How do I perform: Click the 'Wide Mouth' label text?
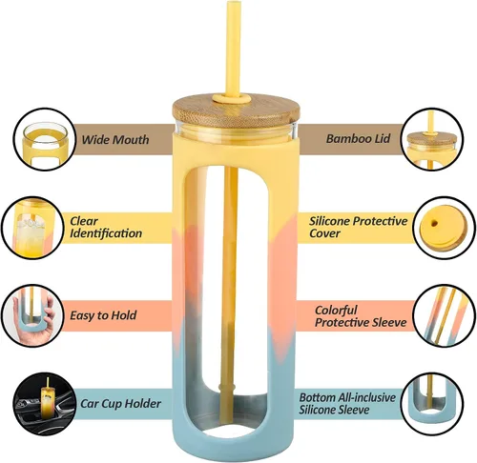coord(115,140)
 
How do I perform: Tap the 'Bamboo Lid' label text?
coord(358,139)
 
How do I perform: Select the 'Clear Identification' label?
coord(106,228)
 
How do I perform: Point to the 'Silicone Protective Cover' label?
coord(358,227)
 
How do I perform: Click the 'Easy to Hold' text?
coord(103,315)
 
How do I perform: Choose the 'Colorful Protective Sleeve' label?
coord(361,316)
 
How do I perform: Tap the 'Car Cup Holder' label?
coord(120,404)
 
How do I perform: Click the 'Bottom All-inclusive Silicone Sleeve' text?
coord(347,404)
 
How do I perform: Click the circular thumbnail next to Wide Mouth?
coord(45,139)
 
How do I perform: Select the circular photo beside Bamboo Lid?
coord(432,139)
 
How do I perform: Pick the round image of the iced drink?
coord(32,228)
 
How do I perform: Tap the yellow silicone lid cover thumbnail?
coord(445,228)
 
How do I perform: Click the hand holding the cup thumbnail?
coord(32,315)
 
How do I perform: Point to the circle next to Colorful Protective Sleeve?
coord(445,315)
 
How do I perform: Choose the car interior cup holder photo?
coord(45,404)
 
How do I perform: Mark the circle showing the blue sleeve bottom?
coord(432,404)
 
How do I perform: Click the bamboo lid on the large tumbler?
coord(236,111)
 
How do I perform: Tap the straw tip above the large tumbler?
coord(233,3)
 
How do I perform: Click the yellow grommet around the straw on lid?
coord(231,98)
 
